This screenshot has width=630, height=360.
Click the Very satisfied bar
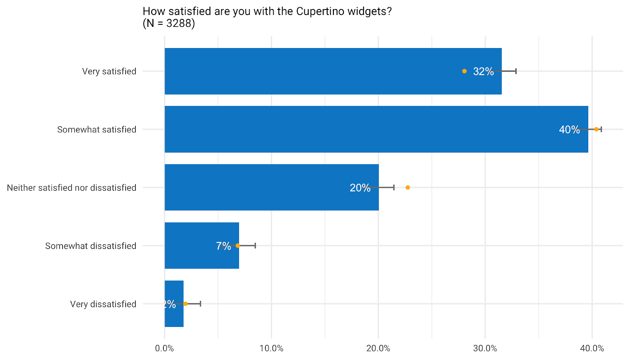click(315, 71)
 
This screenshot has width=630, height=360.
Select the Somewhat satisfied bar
click(354, 129)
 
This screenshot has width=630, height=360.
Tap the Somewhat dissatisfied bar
click(189, 246)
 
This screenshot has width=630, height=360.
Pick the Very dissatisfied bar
click(174, 315)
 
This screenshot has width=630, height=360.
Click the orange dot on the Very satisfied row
click(464, 71)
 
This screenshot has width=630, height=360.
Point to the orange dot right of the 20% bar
click(408, 187)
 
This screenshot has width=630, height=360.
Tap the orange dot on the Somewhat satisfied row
click(596, 129)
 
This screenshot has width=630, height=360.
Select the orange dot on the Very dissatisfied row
click(185, 304)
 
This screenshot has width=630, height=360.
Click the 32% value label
click(483, 71)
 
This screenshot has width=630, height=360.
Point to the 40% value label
click(569, 130)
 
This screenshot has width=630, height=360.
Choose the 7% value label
click(223, 246)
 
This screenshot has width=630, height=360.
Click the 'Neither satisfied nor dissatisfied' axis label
click(72, 188)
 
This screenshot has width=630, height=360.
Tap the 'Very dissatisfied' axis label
click(103, 304)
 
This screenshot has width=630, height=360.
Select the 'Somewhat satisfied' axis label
click(96, 130)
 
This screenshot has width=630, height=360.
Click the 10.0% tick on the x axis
click(271, 348)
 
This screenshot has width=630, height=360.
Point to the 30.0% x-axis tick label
click(485, 348)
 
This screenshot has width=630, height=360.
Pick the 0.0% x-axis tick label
click(165, 348)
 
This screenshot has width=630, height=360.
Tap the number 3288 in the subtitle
click(179, 24)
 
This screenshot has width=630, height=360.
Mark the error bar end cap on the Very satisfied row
click(516, 71)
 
